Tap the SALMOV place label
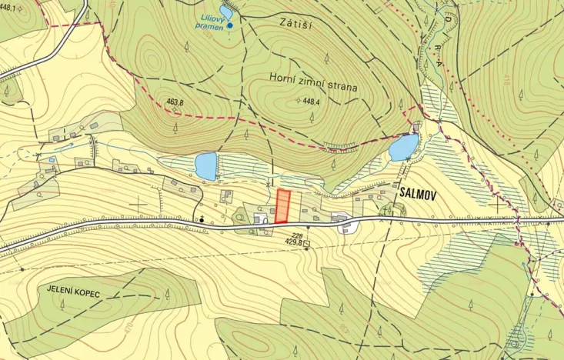click(x=418, y=195)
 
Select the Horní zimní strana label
click(x=314, y=87)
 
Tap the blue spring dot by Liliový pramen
click(x=229, y=27)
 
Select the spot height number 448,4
click(x=310, y=101)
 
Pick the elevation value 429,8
click(x=292, y=244)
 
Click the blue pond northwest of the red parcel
click(x=206, y=165)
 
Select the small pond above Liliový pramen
click(x=226, y=12)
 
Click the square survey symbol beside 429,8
click(x=307, y=244)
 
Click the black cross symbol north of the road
click(x=138, y=204)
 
